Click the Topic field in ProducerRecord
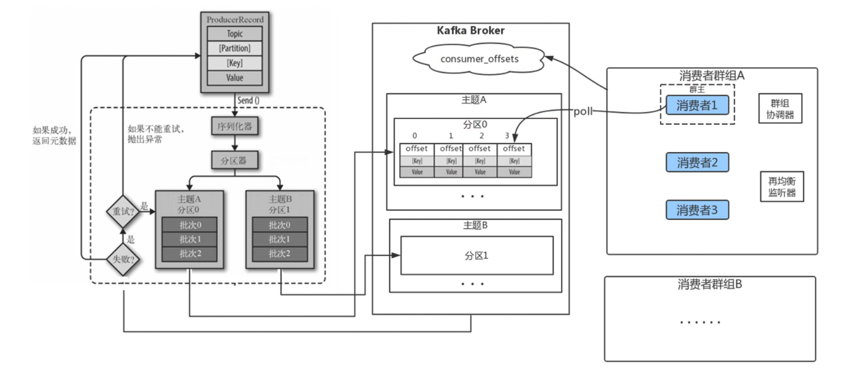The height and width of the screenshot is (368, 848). tap(234, 34)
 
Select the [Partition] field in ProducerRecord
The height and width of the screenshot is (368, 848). tap(234, 48)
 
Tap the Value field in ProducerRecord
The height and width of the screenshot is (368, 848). tap(234, 78)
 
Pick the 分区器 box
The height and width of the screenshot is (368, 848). tap(234, 161)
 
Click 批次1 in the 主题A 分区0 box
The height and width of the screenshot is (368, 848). tap(190, 239)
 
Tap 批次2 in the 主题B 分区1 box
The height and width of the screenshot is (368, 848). tap(279, 254)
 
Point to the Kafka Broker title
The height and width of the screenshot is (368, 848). tap(471, 30)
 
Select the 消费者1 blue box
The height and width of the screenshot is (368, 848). tap(697, 105)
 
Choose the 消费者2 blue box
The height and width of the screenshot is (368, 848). tap(697, 163)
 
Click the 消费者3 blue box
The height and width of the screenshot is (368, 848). tap(697, 210)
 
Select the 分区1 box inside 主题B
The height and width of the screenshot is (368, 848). tap(476, 255)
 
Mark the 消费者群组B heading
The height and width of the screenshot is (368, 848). tap(710, 284)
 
